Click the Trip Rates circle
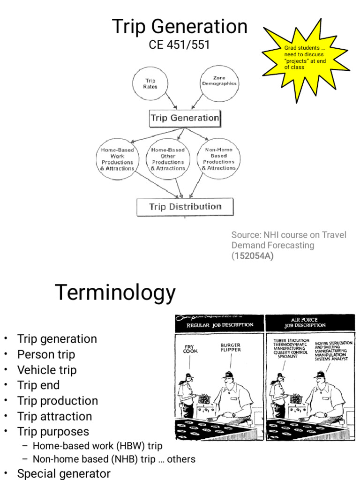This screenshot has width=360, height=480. point(150,84)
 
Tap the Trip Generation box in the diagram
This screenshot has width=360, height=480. point(185,118)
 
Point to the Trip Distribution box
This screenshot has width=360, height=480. point(185,207)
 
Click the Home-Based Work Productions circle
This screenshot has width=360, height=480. point(117,159)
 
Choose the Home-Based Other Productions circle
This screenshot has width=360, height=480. point(168,159)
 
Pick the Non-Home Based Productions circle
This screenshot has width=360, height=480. point(218,159)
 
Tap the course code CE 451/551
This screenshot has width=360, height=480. point(180,45)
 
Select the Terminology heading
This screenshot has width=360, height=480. point(115,293)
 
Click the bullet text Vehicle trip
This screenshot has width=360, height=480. point(47,370)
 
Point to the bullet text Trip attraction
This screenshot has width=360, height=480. point(54,416)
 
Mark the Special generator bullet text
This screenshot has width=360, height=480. point(64,474)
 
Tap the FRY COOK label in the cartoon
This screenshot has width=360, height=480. point(190,349)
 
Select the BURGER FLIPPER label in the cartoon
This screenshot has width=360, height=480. point(230,348)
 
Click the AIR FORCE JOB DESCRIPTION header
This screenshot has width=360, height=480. point(309,322)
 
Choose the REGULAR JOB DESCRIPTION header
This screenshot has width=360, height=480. point(220,324)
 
